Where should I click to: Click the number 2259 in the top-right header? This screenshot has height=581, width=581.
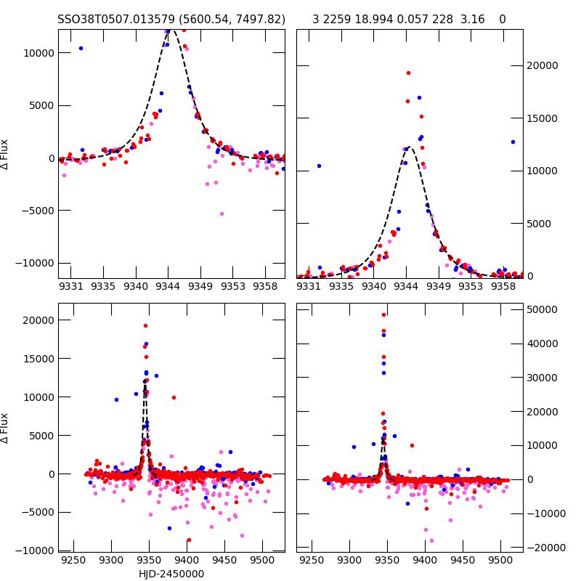point(338,20)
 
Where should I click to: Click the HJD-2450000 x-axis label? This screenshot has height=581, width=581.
point(171,574)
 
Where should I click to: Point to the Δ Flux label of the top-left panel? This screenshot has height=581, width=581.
point(6,154)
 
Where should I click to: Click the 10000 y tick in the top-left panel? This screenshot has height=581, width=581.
point(36,53)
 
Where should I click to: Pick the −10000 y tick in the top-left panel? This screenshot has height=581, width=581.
point(33,263)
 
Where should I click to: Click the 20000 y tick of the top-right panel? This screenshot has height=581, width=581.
point(543,65)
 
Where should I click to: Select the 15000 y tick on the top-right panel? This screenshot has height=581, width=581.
point(543,118)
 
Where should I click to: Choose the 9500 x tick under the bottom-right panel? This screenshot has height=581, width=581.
point(500,561)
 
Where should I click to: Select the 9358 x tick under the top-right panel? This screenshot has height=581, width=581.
point(503,286)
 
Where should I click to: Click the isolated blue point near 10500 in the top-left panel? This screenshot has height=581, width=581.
point(81,49)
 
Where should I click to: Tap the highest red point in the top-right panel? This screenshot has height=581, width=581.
point(408,73)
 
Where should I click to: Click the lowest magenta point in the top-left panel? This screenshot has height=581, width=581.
point(222,214)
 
